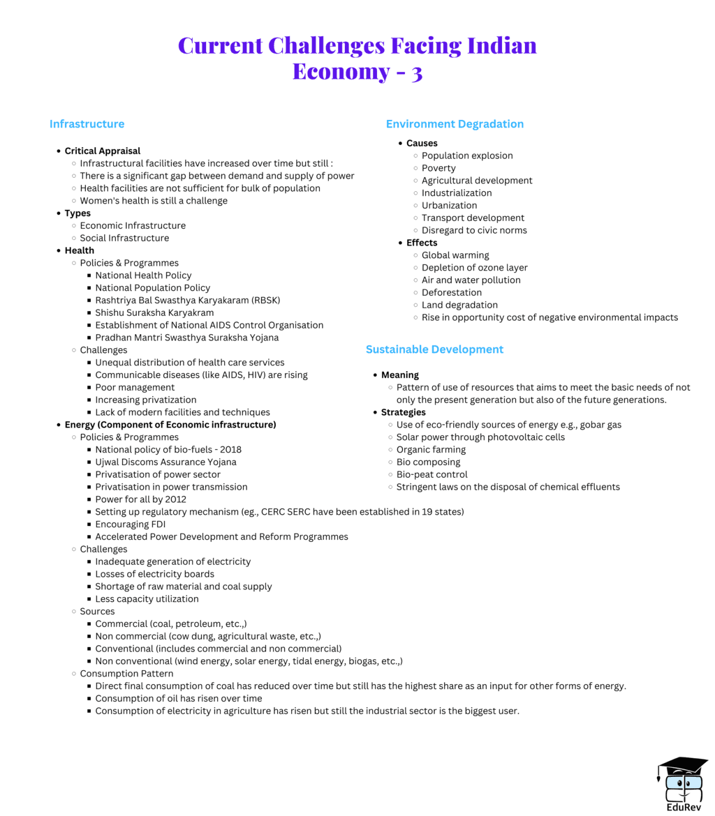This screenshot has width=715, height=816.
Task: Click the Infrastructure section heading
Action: click(x=87, y=124)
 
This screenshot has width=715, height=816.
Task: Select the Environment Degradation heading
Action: click(x=455, y=124)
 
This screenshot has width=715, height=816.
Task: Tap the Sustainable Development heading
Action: click(x=434, y=349)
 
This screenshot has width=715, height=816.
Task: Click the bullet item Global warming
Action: click(x=455, y=255)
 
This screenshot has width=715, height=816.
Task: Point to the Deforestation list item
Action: click(x=451, y=293)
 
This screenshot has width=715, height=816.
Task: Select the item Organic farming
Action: click(x=431, y=450)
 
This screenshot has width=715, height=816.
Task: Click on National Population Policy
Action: click(x=152, y=288)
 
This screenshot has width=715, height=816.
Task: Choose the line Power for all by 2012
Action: click(x=140, y=499)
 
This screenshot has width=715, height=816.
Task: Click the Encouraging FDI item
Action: click(x=130, y=524)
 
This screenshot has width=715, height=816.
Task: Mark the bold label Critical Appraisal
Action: click(x=103, y=151)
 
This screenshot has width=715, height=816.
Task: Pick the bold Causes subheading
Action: click(x=422, y=144)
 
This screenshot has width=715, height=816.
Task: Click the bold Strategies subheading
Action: click(x=403, y=412)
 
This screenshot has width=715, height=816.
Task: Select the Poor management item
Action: click(x=135, y=388)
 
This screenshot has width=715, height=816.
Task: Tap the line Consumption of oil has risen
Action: click(x=179, y=699)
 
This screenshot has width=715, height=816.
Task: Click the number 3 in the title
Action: click(x=416, y=72)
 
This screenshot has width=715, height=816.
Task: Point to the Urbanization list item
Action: click(x=449, y=206)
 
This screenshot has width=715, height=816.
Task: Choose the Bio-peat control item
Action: click(x=432, y=475)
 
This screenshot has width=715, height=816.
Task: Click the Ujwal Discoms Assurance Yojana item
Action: click(x=165, y=462)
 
